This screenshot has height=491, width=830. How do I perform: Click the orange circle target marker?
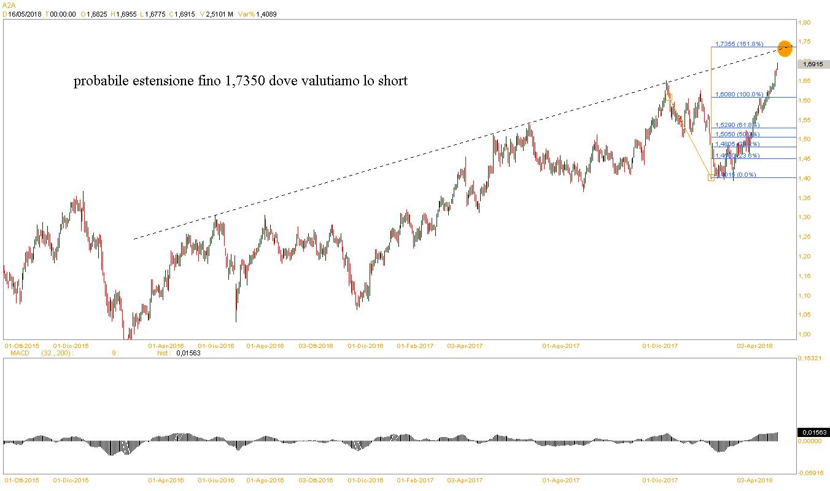(785, 47)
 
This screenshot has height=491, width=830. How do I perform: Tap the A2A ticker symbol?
(9, 5)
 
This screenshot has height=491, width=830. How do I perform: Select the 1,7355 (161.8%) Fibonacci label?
(739, 44)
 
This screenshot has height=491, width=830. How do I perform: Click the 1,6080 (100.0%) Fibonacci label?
(739, 95)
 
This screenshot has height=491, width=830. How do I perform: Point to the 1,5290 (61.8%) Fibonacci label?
(738, 125)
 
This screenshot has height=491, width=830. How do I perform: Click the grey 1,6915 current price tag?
(813, 64)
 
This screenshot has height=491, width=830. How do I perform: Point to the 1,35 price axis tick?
(804, 198)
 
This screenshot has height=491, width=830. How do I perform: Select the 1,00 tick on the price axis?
(804, 334)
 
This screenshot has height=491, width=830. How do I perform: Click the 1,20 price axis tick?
(804, 257)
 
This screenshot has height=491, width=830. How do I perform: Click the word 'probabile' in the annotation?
(101, 82)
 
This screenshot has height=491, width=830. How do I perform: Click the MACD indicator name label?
(20, 353)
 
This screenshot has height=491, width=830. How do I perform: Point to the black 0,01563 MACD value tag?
(813, 432)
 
